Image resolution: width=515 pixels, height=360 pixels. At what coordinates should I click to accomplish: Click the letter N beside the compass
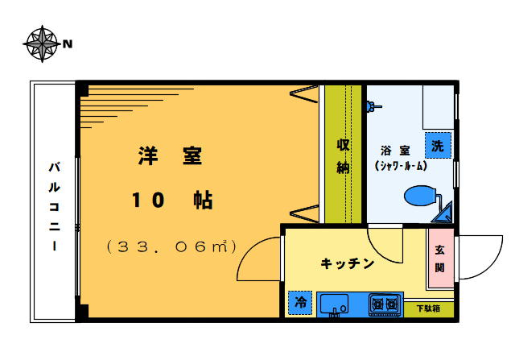68,43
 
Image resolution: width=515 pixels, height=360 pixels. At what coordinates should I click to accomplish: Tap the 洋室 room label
169,156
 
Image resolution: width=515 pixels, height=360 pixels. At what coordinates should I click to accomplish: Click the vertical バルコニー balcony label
54,206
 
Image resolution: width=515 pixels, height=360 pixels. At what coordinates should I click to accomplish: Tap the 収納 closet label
343,156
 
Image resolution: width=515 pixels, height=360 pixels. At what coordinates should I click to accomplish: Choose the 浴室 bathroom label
396,150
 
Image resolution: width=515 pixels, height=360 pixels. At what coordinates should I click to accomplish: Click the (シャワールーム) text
400,166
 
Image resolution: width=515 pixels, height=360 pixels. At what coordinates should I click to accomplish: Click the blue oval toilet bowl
420,196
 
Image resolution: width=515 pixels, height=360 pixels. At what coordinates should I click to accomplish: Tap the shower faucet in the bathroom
373,105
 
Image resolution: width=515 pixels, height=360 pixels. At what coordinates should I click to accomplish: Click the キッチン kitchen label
348,263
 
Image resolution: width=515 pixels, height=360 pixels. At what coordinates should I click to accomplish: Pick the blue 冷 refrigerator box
300,303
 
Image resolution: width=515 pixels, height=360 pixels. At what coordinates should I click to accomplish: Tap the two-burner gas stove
385,304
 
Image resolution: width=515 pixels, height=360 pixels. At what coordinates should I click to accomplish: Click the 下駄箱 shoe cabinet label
428,308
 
